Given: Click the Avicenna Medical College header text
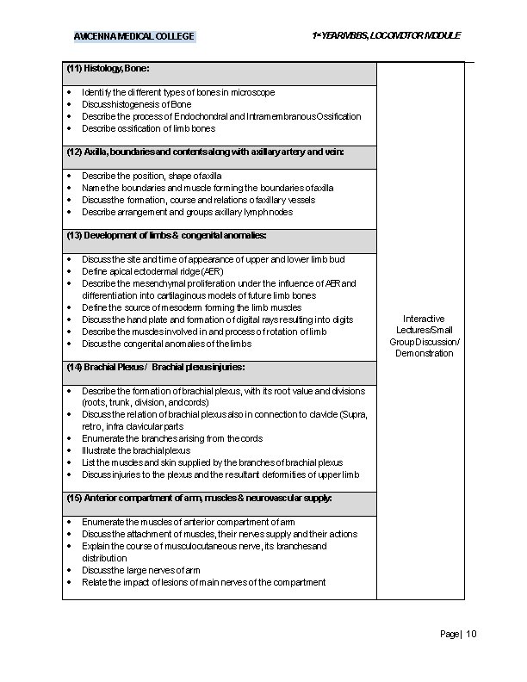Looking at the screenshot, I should click(x=134, y=36).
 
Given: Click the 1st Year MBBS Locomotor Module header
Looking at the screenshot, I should click(x=387, y=35).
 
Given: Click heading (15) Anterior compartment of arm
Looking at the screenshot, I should click(x=199, y=499).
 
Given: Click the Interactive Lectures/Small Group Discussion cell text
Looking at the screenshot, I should click(x=421, y=336).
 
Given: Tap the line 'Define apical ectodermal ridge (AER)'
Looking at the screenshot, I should click(x=152, y=271).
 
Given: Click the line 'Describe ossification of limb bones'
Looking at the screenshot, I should click(x=149, y=128).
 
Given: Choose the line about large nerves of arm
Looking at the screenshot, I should click(x=141, y=570).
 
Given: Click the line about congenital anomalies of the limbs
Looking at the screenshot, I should click(x=166, y=344).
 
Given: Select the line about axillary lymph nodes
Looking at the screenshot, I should click(x=187, y=212).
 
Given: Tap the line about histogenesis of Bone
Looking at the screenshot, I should click(x=136, y=104).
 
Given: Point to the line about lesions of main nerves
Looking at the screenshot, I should click(x=203, y=582).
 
